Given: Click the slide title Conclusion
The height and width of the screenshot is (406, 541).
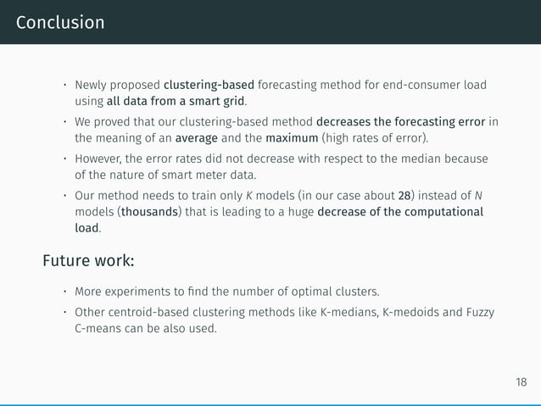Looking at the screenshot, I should pos(59,22).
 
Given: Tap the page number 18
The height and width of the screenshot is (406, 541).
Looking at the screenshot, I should pos(520,382).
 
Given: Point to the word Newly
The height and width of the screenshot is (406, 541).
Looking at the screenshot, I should pos(92,85).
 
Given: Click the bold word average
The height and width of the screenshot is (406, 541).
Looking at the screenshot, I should pos(196,137).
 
